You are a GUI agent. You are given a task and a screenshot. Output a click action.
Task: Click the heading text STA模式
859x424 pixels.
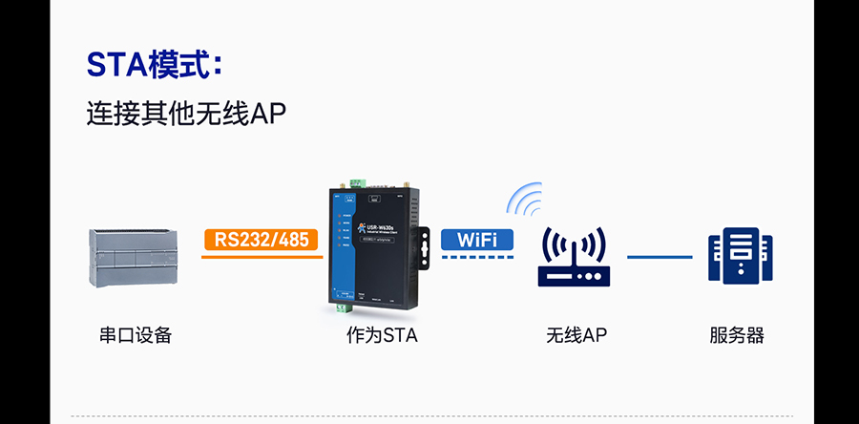pos(153,65)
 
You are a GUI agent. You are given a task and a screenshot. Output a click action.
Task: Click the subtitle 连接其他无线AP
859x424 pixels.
pos(186,114)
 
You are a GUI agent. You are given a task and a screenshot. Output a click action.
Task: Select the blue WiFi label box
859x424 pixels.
pos(477,239)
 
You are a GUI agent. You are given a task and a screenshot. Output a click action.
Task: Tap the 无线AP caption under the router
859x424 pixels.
pos(576,335)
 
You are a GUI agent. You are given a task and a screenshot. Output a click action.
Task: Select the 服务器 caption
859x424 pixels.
pos(736,335)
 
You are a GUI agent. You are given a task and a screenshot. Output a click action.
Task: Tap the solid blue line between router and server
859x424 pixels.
pos(660,257)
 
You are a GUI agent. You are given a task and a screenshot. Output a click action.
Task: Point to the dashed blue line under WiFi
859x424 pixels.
pos(477,256)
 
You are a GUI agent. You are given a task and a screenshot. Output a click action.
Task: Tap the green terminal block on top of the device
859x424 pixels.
pos(359,182)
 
